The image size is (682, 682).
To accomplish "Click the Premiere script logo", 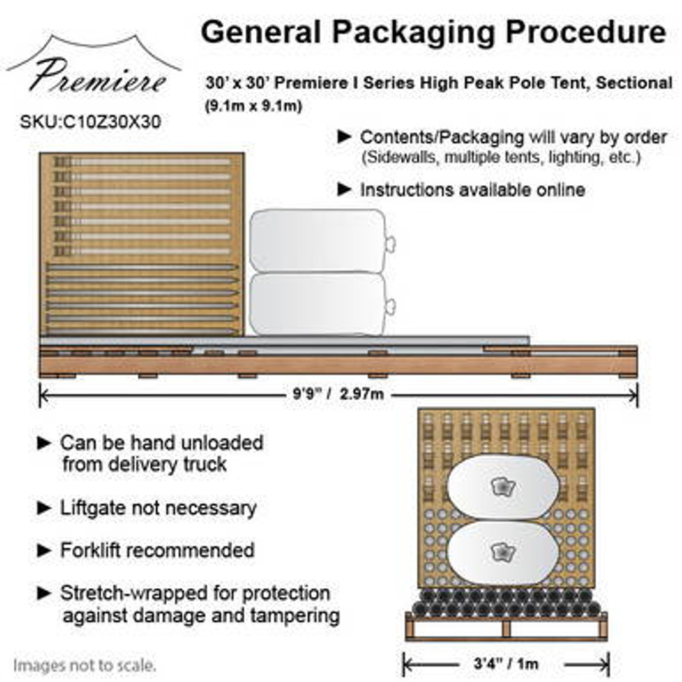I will pos(96,75).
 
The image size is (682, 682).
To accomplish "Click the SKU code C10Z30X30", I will pos(90,122).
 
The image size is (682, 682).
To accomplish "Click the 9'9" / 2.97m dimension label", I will pos(338,395).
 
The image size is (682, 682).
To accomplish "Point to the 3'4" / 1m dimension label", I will pos(506,664).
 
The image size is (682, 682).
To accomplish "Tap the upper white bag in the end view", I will pos(502,486).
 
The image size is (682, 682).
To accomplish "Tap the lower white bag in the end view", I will pos(502,552).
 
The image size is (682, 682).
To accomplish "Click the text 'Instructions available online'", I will pos(472,190).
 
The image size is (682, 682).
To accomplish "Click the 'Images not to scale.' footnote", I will pos(85,665).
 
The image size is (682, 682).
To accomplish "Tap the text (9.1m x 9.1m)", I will pos(254,106).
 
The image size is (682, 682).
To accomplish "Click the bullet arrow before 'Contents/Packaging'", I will pos(345,137).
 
